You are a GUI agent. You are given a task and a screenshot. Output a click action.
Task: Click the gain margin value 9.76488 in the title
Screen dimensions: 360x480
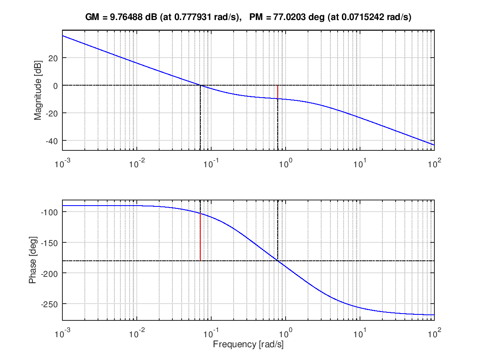point(125,17)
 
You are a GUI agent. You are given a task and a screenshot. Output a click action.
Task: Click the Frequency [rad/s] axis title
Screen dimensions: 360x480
point(248,344)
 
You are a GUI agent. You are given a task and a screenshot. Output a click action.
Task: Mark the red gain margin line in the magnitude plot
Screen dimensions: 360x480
point(278,92)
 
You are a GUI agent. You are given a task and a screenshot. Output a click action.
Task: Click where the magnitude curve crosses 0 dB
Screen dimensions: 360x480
point(200,85)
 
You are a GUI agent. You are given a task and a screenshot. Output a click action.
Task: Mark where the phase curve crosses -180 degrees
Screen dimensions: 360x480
point(278,261)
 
